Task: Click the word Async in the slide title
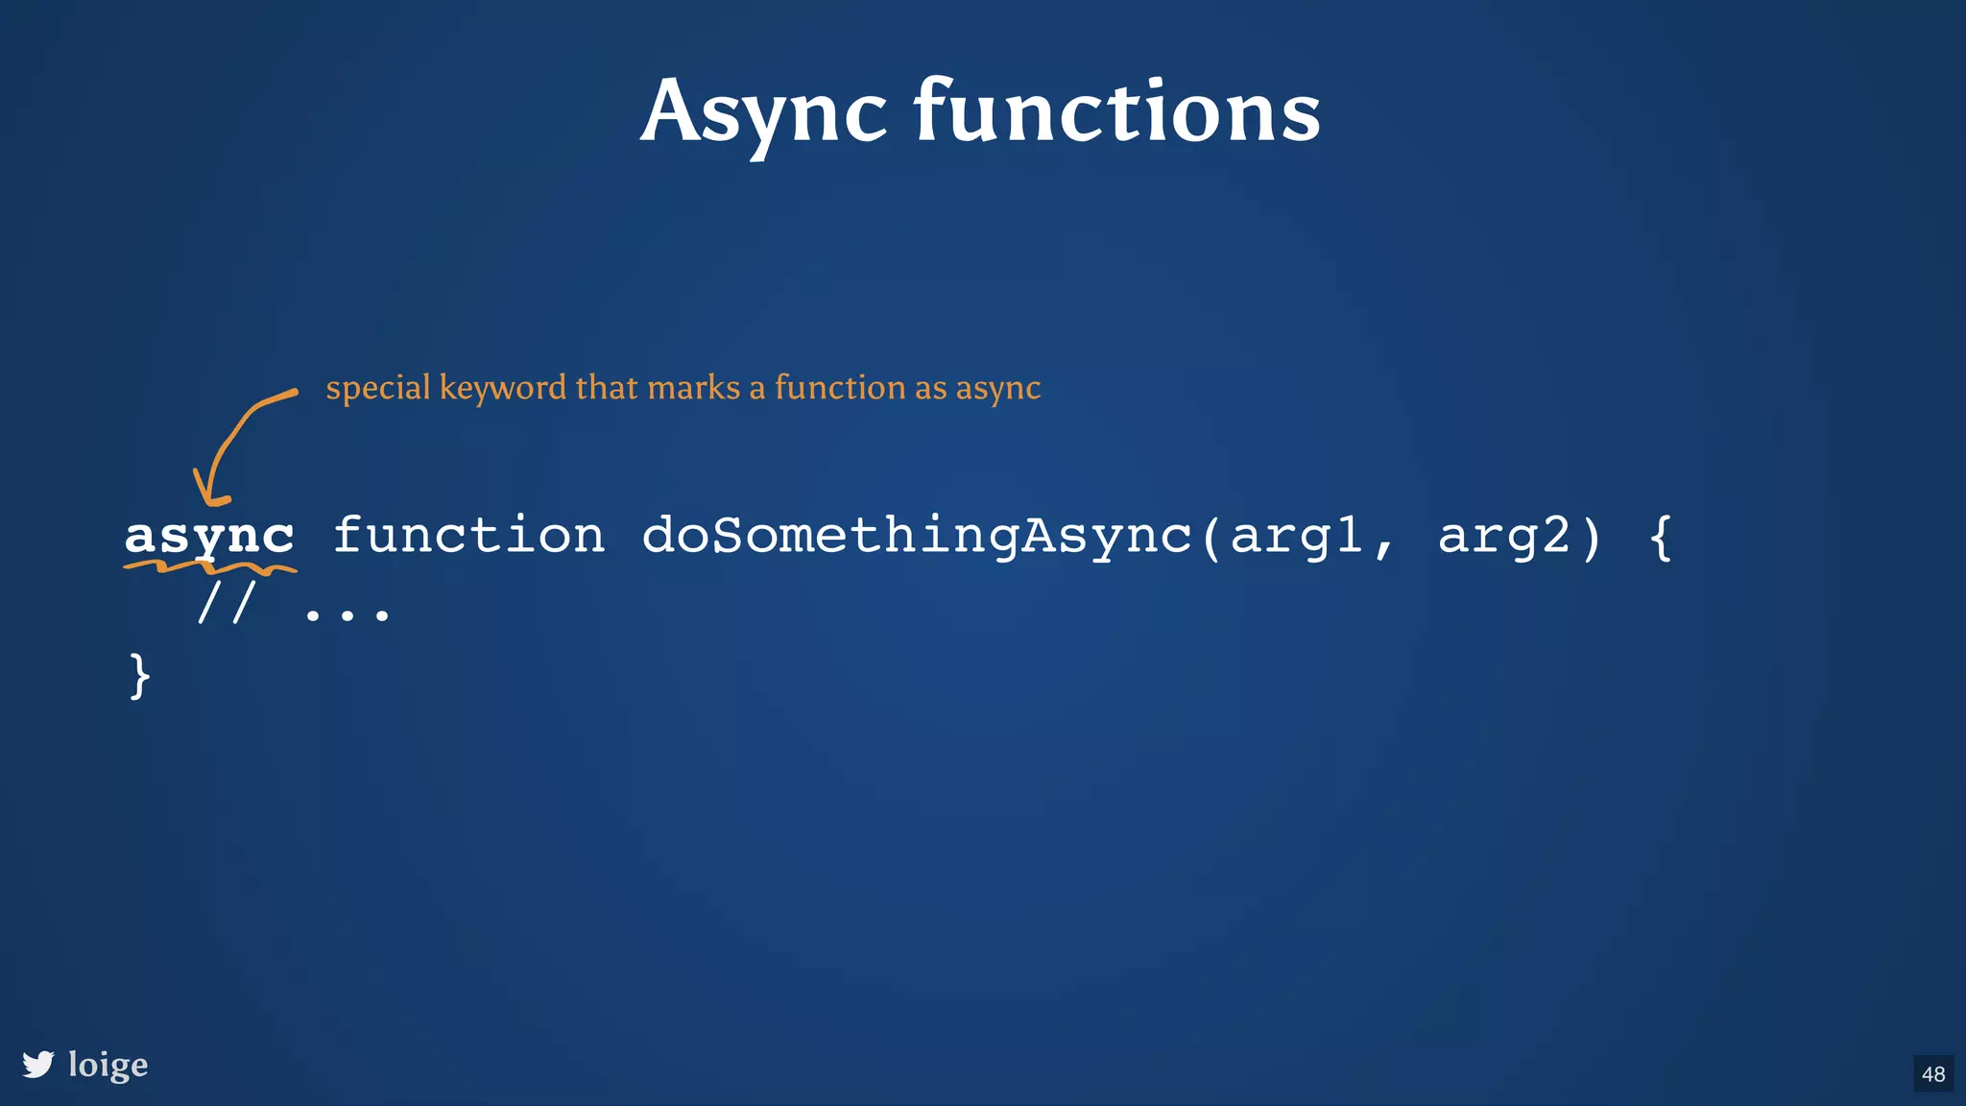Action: pos(763,112)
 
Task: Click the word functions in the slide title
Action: pos(1116,112)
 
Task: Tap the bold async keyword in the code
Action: pos(209,536)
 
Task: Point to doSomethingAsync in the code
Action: pos(916,536)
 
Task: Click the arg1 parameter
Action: pos(1296,536)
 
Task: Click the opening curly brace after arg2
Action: pos(1661,536)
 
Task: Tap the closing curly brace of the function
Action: pos(139,676)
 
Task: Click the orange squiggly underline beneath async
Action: pos(209,568)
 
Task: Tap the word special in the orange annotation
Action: pos(377,388)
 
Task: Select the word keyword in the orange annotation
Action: pos(502,387)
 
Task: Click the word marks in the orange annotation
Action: pos(693,387)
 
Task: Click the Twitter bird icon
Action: pos(38,1064)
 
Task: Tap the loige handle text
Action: pos(108,1065)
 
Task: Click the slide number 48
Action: pos(1933,1073)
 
